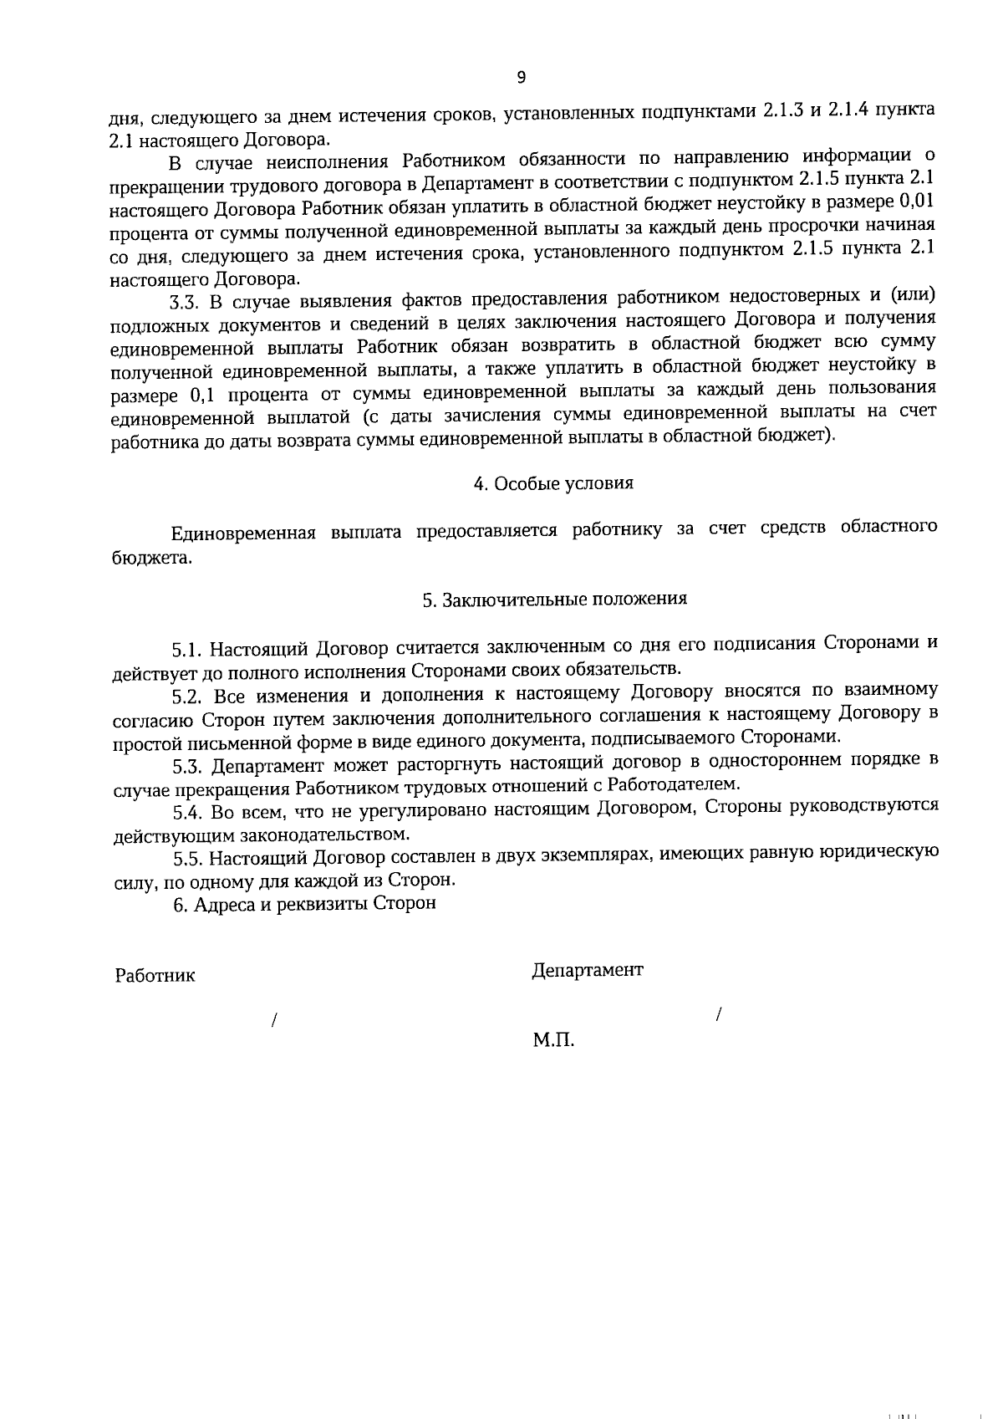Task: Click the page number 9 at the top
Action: coord(522,78)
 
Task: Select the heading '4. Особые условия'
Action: coord(553,483)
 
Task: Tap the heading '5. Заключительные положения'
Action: coord(554,599)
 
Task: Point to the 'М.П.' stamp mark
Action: coord(553,1041)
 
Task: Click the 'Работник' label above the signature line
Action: coord(155,975)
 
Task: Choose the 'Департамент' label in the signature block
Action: coord(588,970)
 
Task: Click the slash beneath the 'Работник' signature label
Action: coord(273,1021)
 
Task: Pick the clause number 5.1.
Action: coord(188,650)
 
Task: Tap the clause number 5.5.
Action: coord(189,859)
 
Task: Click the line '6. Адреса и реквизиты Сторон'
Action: coord(304,904)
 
